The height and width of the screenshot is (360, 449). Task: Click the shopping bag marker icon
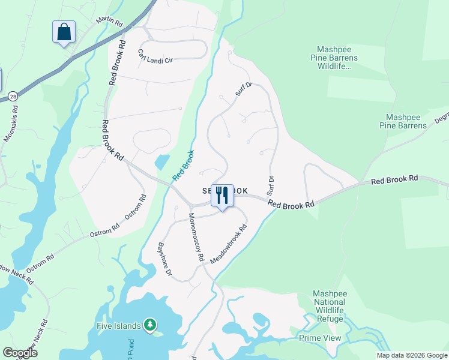pos(64,32)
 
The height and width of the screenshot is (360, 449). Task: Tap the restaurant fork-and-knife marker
pos(222,196)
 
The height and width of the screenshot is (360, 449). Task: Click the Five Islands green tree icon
pos(149,325)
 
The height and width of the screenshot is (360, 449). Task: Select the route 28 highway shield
pos(13,96)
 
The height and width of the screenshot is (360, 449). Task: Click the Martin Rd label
pos(110,20)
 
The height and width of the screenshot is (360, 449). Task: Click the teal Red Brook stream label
pos(183,165)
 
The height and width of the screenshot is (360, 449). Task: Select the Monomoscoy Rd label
pos(196,238)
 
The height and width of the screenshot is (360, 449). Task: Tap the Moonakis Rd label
pos(11,125)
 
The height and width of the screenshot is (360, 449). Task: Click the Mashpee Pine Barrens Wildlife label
pos(337,58)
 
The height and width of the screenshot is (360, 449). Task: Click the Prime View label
pos(320,338)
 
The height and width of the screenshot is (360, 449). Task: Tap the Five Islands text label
pos(119,326)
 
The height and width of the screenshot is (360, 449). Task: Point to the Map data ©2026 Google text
pos(411,355)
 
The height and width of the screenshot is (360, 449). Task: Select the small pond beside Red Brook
pos(161,162)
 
